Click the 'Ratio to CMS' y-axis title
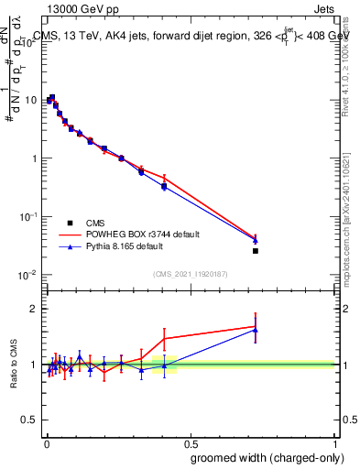[14, 365]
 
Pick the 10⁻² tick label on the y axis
[28, 275]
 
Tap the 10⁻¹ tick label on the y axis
[28, 216]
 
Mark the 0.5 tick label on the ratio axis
[30, 420]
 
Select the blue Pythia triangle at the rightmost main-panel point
[256, 240]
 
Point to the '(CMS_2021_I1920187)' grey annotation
[190, 273]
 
